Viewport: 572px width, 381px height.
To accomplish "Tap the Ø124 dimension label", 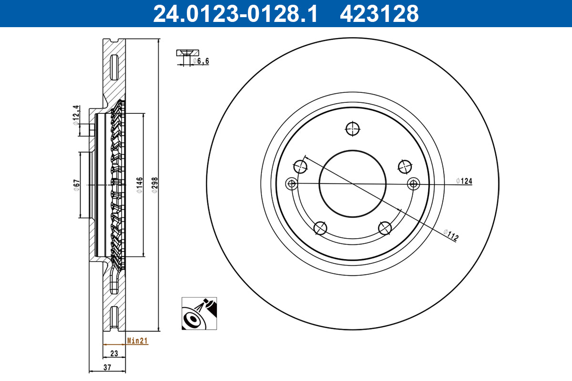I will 464,180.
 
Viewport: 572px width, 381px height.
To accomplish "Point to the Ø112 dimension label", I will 450,235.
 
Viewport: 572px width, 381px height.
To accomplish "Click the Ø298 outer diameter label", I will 154,184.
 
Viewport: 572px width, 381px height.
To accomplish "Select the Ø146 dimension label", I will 140,184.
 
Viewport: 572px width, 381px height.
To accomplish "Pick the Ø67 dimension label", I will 76,185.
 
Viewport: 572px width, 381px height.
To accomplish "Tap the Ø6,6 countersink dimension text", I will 201,61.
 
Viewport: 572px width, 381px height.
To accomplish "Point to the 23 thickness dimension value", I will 114,353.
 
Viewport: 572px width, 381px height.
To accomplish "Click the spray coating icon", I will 199,313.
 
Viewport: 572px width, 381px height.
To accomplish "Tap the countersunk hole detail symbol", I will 188,53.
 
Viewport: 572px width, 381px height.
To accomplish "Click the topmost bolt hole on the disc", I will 353,128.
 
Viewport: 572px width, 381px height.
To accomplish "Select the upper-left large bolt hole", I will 301,166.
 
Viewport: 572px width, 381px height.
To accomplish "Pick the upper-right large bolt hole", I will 404,166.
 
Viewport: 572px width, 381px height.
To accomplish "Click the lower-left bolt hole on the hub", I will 321,228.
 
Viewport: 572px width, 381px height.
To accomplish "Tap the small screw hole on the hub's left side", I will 291,184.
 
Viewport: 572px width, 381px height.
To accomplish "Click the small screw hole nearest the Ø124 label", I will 413,183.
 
